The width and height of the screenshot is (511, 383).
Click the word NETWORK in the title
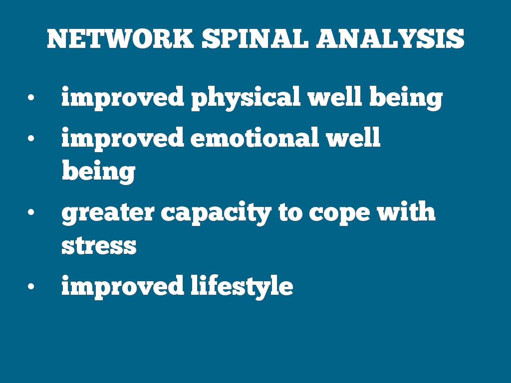[120, 39]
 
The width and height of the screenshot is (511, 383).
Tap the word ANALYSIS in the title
[390, 39]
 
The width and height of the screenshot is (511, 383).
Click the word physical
[246, 98]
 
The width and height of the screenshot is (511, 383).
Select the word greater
[108, 214]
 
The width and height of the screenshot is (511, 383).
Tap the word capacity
[216, 213]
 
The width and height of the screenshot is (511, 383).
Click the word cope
[339, 214]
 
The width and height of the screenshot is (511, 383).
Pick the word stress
[99, 245]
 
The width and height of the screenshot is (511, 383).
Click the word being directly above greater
[98, 172]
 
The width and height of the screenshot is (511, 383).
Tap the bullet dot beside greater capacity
[31, 212]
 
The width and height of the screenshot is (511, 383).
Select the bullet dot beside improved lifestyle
[31, 286]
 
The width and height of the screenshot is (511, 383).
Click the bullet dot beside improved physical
[31, 97]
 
